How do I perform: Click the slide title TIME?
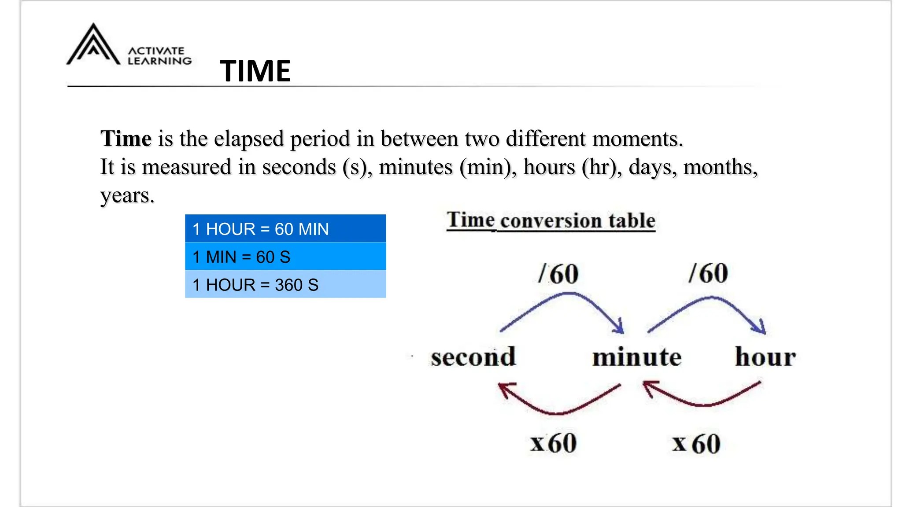(x=255, y=71)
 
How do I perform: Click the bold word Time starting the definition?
(x=126, y=139)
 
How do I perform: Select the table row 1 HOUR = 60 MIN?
(x=285, y=229)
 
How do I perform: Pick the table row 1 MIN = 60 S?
(x=285, y=257)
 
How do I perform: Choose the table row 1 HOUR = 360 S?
(x=285, y=284)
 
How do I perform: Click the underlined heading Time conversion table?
(x=551, y=220)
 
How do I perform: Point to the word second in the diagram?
(x=473, y=356)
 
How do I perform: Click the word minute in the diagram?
(x=636, y=356)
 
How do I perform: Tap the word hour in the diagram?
(x=765, y=356)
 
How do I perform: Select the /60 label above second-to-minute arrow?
(x=558, y=274)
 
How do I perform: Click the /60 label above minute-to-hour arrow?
(x=708, y=273)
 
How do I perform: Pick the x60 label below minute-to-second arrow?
(x=553, y=443)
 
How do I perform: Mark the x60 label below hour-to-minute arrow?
(x=696, y=444)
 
